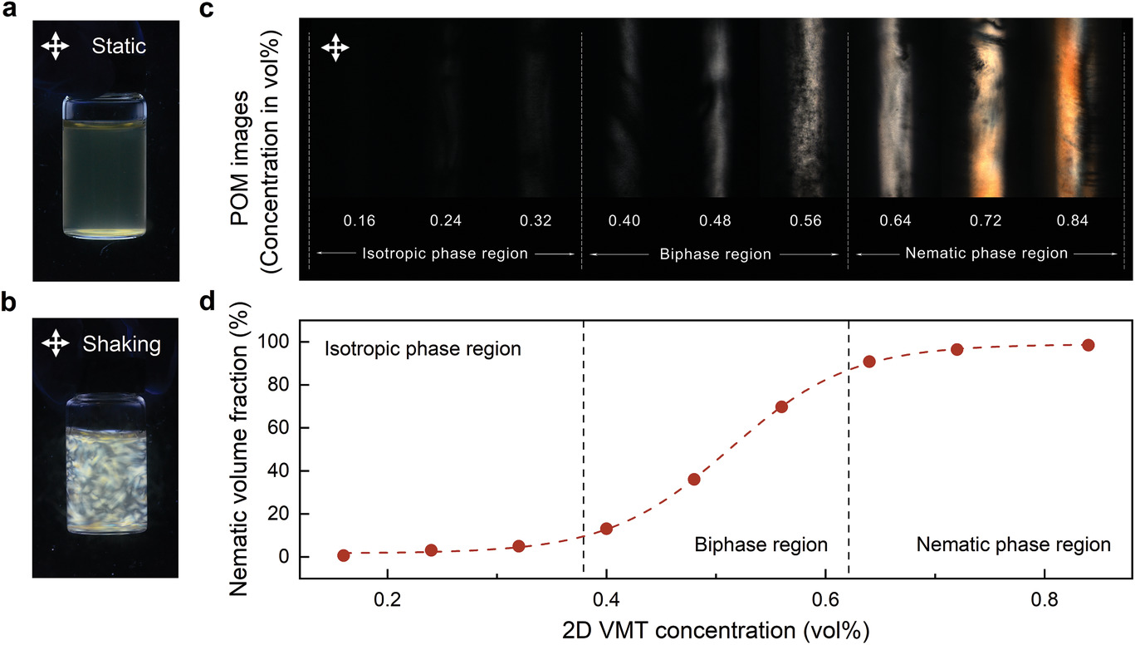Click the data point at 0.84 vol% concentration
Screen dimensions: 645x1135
1088,345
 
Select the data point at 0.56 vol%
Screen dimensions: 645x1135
781,406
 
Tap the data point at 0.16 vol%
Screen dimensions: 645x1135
343,555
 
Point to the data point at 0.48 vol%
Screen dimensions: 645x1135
694,480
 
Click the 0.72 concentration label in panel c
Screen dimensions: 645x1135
986,221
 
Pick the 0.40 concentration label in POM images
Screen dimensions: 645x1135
624,221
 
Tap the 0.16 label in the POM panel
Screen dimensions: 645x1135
360,221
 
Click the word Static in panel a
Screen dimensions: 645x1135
118,47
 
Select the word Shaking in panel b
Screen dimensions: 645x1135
122,344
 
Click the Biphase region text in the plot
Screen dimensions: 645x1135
761,545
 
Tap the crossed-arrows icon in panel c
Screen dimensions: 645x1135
335,47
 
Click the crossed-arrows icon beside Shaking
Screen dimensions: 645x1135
55,343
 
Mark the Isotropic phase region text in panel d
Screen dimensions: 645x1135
422,349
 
